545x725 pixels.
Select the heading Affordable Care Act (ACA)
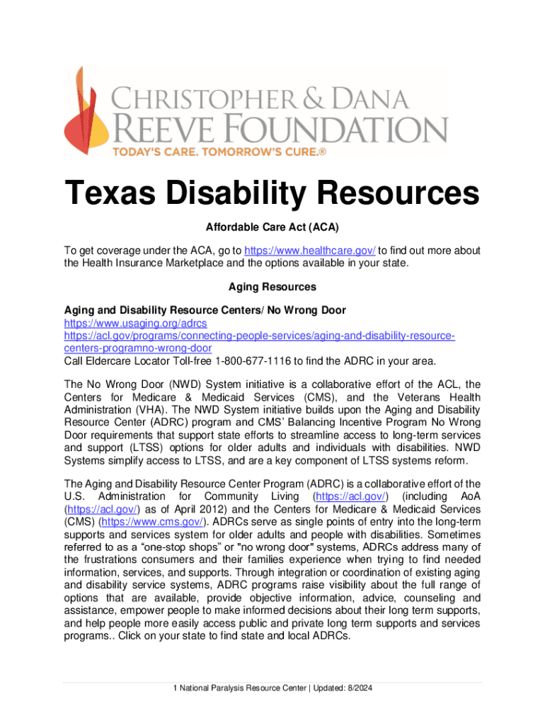(272, 228)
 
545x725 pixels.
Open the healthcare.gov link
(310, 251)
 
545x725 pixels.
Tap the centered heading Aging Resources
(272, 287)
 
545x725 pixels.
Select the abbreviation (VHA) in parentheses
(151, 411)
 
